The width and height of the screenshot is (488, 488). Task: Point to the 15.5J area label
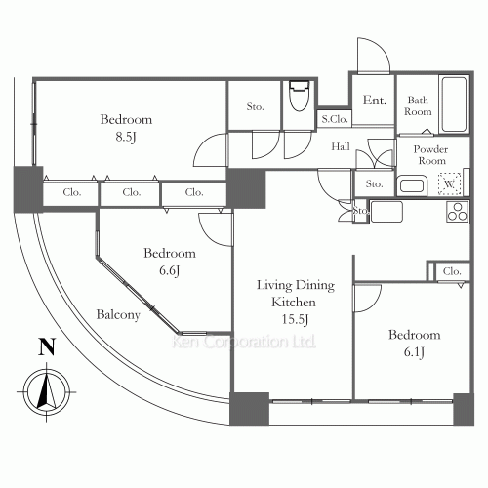[296, 319]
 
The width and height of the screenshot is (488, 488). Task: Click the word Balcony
[118, 315]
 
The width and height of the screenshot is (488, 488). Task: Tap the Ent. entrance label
[374, 101]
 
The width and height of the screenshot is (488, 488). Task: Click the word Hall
[341, 147]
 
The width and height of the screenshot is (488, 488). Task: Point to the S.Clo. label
[335, 119]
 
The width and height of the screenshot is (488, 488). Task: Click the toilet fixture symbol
[298, 100]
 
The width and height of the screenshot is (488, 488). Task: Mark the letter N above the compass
[44, 346]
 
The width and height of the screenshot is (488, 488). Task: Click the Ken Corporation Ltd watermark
[243, 343]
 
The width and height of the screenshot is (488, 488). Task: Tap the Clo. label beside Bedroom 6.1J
[451, 271]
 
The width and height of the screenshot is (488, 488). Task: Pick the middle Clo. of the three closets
[134, 193]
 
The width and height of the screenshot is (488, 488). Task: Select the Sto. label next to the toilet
[256, 106]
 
